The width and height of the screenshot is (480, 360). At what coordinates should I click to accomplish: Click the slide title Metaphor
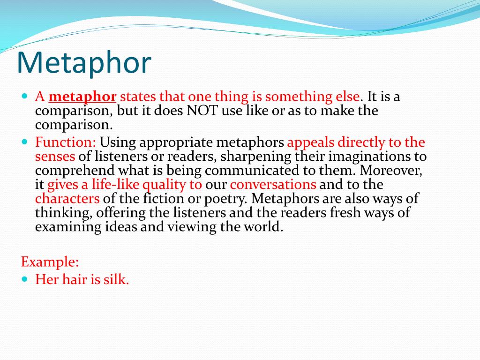point(84,63)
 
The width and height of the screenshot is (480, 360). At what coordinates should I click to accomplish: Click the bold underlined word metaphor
point(82,97)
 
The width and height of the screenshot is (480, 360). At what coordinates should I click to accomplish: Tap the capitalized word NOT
point(202,111)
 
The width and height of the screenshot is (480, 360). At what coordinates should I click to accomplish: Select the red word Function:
point(66,142)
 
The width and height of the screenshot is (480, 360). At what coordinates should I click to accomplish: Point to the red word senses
point(55,157)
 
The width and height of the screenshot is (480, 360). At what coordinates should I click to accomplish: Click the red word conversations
point(273,185)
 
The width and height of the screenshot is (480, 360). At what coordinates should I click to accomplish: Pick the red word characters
point(67,199)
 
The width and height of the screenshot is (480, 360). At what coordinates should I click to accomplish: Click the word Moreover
point(391,171)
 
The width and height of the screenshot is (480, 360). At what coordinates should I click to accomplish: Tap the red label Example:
point(50,262)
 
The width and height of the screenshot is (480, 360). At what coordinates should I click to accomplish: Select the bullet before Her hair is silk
point(25,279)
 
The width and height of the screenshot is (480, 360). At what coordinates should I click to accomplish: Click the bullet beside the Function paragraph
point(25,142)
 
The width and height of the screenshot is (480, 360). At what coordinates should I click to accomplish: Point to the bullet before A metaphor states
point(25,96)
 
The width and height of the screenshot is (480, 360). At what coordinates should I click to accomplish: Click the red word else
point(348,97)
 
